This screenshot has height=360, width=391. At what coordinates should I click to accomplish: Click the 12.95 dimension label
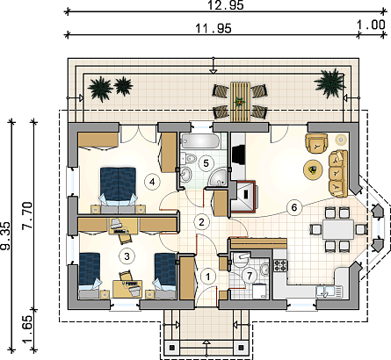click(x=226, y=5)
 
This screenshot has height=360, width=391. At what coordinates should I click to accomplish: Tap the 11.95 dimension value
click(x=214, y=28)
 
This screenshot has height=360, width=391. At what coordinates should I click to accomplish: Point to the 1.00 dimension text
click(x=371, y=25)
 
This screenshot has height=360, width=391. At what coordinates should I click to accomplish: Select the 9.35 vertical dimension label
click(x=5, y=235)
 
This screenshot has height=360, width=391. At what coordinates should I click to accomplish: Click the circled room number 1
click(x=208, y=277)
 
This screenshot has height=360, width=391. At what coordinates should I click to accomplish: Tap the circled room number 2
click(x=201, y=222)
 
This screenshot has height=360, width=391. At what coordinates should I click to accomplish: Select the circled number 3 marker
click(x=127, y=256)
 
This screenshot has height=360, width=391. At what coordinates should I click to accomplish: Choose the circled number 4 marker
click(x=152, y=182)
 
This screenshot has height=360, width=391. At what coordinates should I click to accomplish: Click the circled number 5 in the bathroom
click(x=206, y=163)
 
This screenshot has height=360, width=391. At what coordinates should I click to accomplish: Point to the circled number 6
click(x=294, y=207)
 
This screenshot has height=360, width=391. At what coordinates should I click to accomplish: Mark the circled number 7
click(x=250, y=276)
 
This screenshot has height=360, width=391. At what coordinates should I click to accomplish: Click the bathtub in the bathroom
click(x=200, y=141)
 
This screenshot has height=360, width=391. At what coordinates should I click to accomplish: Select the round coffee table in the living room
click(x=313, y=169)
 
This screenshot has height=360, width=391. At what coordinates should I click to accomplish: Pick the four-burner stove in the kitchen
click(x=280, y=265)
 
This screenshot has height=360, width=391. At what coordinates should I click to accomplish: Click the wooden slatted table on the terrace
click(x=240, y=102)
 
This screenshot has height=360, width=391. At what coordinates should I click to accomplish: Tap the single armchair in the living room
click(x=316, y=143)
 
